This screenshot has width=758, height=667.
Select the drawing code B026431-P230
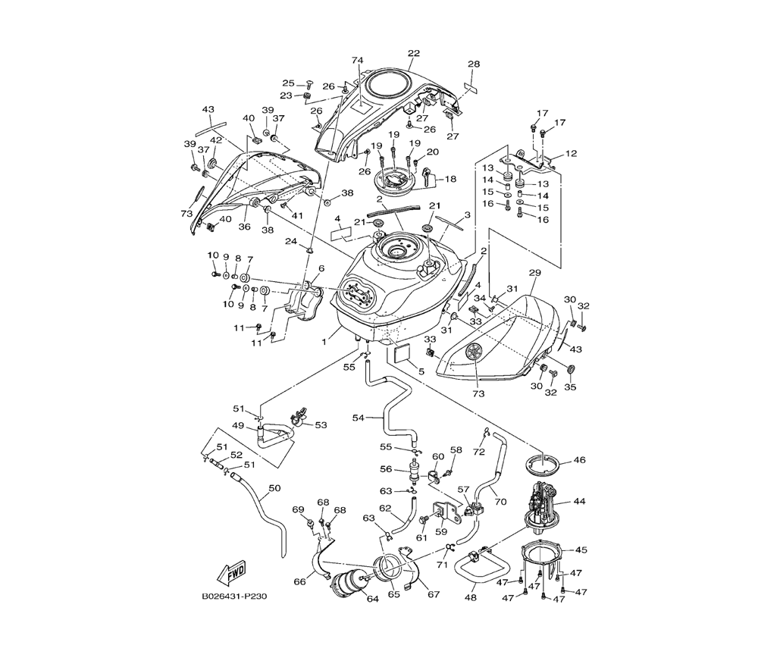(234, 597)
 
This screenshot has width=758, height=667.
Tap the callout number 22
(413, 53)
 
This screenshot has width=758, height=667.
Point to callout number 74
(358, 60)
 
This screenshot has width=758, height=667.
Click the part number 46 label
(579, 460)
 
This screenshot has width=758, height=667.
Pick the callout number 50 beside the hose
(274, 489)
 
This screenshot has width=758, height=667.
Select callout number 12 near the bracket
(571, 154)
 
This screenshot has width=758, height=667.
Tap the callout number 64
(372, 599)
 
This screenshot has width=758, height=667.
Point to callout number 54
(359, 418)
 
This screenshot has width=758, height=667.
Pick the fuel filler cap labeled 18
(395, 181)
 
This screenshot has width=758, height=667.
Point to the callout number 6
(321, 268)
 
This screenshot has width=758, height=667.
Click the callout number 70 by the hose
(500, 500)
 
